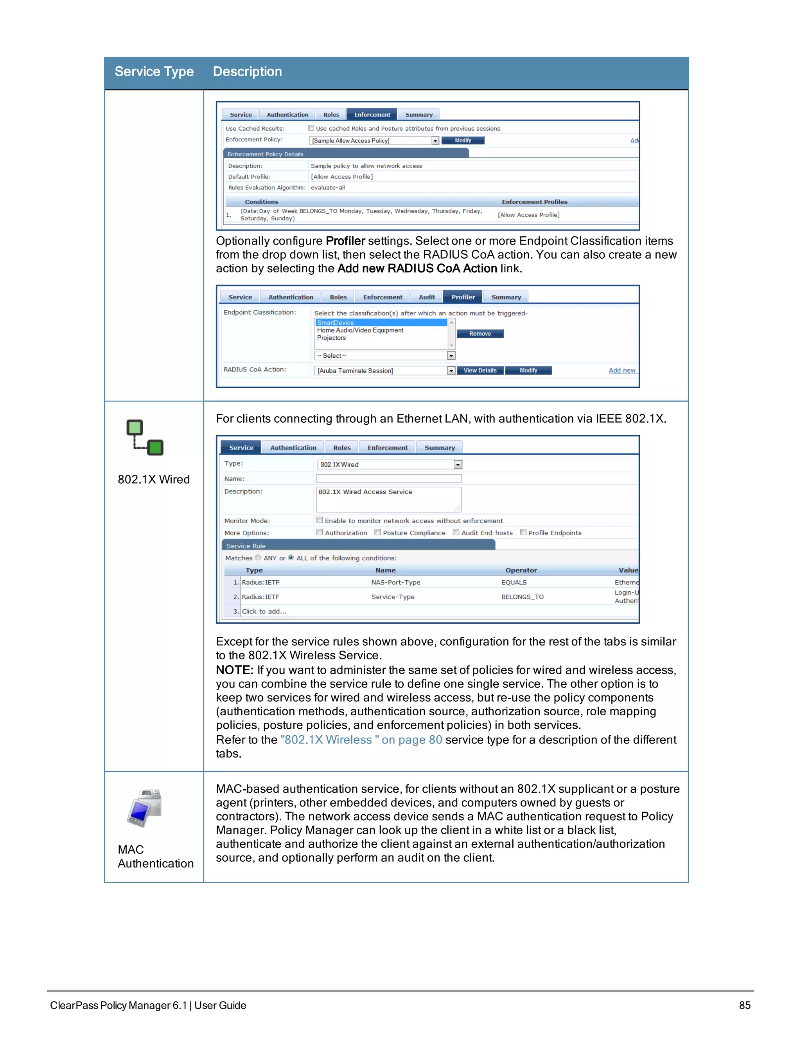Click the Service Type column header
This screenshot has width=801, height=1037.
154,72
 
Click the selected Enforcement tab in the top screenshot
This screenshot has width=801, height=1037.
372,114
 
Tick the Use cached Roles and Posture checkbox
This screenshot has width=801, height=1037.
311,128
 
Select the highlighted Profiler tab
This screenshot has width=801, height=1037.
463,297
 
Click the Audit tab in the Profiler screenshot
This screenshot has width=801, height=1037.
427,297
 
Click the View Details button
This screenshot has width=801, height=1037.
480,370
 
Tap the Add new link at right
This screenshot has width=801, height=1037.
622,370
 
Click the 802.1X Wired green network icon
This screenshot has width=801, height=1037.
145,437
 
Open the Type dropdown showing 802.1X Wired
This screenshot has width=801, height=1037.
458,464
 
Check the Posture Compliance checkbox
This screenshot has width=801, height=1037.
378,532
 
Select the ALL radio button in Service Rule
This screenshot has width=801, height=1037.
291,557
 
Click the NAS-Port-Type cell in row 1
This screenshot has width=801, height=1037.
396,582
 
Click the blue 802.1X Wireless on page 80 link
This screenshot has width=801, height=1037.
361,740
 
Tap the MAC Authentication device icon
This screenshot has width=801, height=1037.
145,808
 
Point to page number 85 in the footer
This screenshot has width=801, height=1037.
745,1005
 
